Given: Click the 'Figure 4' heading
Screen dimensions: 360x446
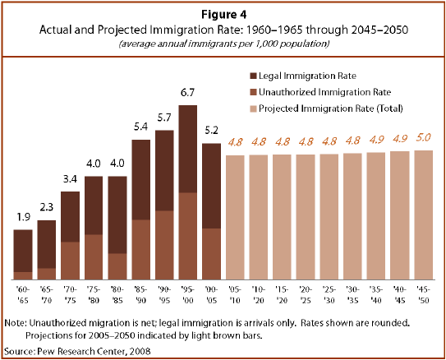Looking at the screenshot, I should (223, 12).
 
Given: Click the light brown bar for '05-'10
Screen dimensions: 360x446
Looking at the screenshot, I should (235, 214).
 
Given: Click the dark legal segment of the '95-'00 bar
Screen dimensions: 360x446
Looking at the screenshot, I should (187, 148).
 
